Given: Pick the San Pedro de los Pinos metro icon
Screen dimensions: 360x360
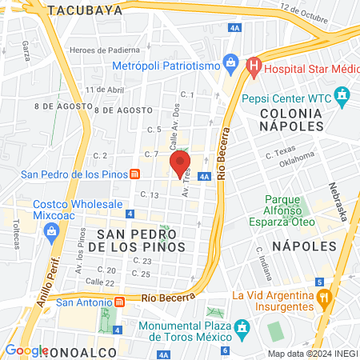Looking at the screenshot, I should [136, 174].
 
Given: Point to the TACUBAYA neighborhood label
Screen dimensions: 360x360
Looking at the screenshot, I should [85, 10].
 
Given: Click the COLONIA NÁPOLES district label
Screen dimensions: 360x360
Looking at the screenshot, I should [290, 119].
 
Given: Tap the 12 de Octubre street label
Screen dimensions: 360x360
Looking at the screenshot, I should [304, 13].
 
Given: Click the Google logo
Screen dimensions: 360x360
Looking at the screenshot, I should [26, 350].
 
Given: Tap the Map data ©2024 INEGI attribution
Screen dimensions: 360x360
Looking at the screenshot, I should [312, 354].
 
